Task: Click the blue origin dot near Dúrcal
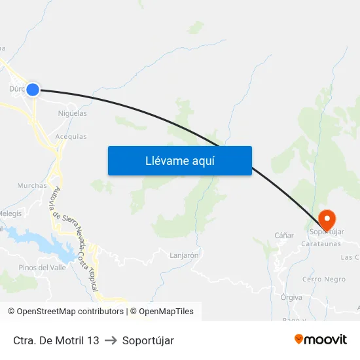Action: coord(32,90)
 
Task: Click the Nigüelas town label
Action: coord(72,113)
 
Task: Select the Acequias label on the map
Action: coord(71,136)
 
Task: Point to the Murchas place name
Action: coord(32,186)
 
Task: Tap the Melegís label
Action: coord(10,213)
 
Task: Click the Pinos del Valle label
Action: coord(42,267)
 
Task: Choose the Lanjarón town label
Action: coord(184,255)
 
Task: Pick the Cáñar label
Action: coord(284,235)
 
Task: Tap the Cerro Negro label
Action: coord(324,279)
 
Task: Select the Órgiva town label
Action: coord(291,297)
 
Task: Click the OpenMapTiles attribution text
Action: coord(166,312)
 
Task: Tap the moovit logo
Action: coord(321,339)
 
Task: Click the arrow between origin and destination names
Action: coord(111,340)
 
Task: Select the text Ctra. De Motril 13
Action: coord(56,340)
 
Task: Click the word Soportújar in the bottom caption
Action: coord(148,340)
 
